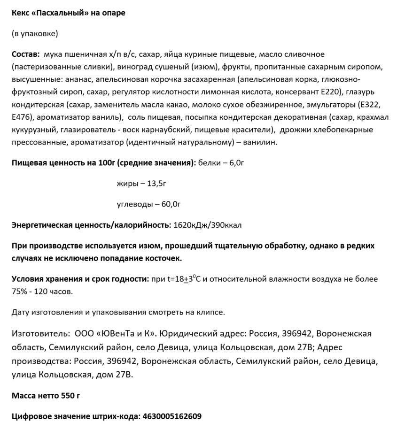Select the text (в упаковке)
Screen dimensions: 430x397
[x=35, y=33]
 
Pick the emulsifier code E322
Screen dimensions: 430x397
[x=369, y=104]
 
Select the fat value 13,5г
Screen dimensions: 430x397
[x=157, y=183]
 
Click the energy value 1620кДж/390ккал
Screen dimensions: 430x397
[x=207, y=225]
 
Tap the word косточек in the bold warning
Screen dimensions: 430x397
[x=165, y=258]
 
